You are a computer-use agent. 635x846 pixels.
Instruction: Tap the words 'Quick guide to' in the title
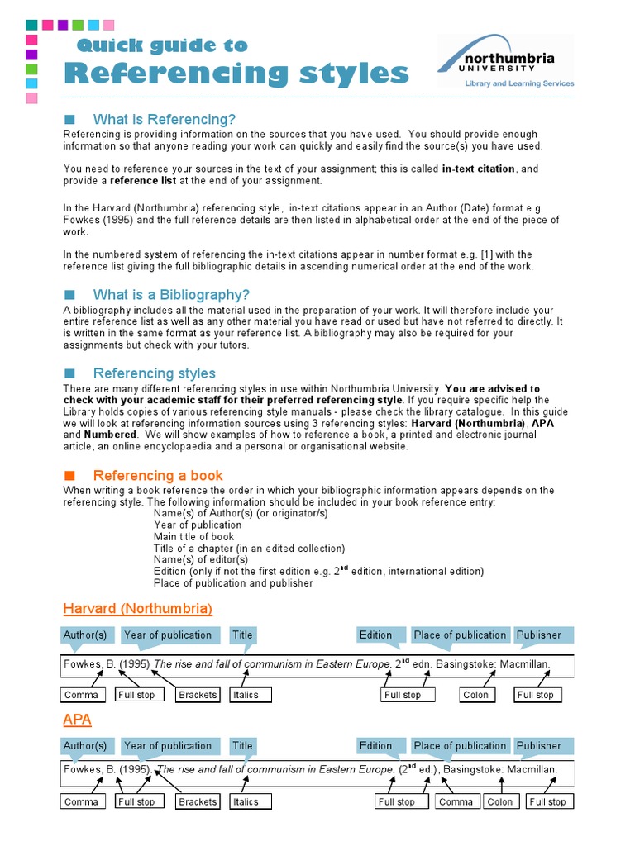(x=161, y=45)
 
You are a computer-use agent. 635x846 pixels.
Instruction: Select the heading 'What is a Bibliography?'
(x=171, y=295)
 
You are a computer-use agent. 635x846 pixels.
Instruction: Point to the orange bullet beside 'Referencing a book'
(x=69, y=475)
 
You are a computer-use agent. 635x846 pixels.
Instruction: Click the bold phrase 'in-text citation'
(x=479, y=169)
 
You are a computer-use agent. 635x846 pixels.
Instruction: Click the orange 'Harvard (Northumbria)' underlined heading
(x=138, y=609)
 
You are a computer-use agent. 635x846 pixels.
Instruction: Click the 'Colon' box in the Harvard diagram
(x=475, y=695)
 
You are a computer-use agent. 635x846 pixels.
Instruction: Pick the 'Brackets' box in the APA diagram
(x=198, y=801)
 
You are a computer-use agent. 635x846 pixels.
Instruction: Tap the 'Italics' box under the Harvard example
(x=246, y=695)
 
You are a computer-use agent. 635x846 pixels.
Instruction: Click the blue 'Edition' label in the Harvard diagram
(x=376, y=635)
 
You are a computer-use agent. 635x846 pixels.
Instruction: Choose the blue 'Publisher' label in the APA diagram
(x=539, y=746)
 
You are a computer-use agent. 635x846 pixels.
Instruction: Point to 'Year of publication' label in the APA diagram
(x=168, y=746)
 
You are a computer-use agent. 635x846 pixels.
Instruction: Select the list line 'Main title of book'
(x=193, y=537)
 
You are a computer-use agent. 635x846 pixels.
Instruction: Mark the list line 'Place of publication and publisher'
(x=233, y=583)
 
